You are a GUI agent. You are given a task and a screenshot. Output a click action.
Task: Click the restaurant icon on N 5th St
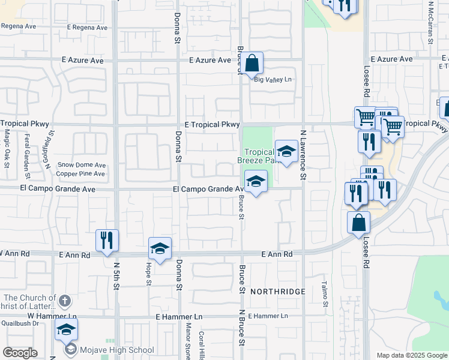107,241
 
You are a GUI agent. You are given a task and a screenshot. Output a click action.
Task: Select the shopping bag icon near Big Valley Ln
253,62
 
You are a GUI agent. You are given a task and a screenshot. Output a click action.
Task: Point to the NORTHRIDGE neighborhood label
277,292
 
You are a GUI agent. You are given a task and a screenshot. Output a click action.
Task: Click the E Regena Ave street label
87,28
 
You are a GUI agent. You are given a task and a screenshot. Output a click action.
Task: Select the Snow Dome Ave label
82,166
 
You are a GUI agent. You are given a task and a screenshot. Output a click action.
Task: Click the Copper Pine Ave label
81,174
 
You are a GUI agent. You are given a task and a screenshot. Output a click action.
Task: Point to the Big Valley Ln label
273,80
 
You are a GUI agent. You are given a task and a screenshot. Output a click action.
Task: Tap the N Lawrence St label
303,155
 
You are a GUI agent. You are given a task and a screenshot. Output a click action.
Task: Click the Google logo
20,353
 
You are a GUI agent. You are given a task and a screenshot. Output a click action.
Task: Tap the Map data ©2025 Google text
411,355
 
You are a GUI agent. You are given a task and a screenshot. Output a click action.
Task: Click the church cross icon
65,299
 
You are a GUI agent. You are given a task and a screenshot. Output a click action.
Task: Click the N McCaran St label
430,23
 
